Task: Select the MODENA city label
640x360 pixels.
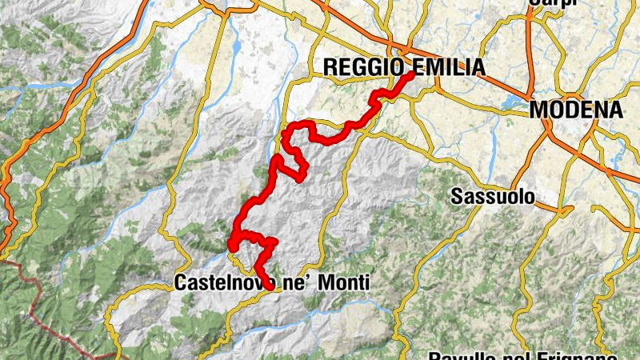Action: tap(576, 110)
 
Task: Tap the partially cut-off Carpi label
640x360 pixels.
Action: tap(552, 3)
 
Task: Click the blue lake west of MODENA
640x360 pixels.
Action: tap(510, 102)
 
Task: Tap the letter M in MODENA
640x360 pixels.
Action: tap(538, 110)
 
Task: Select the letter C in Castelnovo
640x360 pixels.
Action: tap(180, 282)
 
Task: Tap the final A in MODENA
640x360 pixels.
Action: tap(615, 110)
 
